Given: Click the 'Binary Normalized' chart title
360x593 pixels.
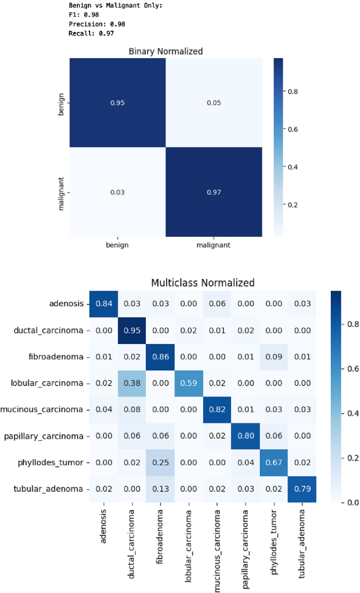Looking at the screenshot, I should click(166, 51).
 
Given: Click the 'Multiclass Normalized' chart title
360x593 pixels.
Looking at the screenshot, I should click(203, 282).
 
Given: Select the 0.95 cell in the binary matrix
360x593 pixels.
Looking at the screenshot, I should click(117, 103).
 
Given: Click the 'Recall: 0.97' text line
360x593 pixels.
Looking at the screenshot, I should click(91, 33).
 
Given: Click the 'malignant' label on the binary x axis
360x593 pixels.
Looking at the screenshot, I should click(214, 245).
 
